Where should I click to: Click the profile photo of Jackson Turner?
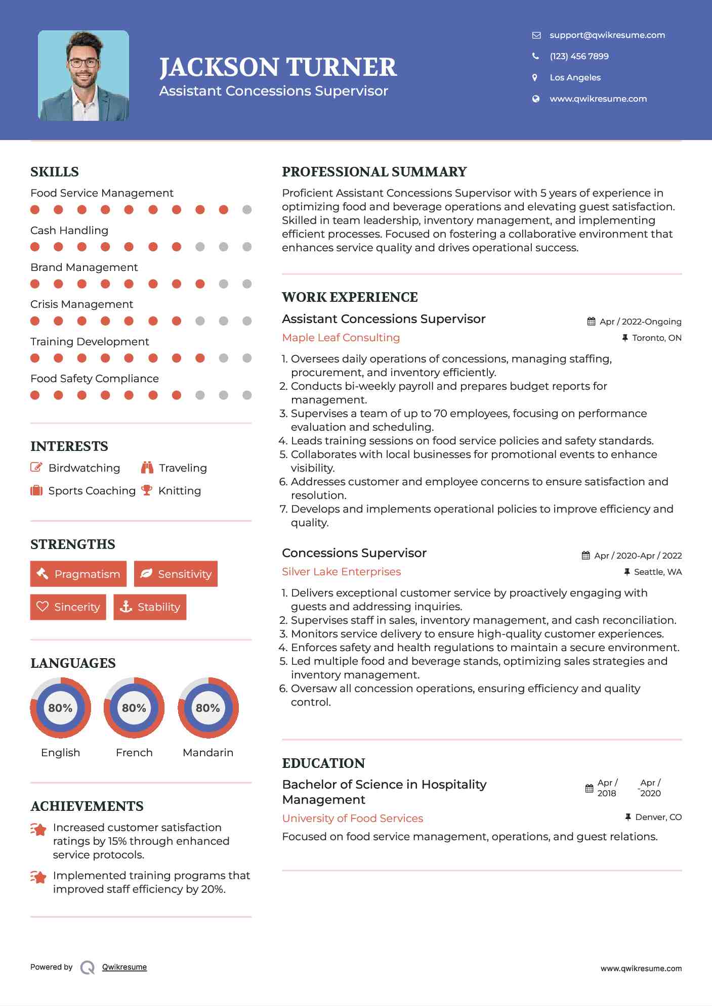pos(83,76)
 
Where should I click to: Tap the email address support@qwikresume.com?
pos(607,35)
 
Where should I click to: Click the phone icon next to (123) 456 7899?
pos(535,56)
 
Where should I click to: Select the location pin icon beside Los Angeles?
pos(535,77)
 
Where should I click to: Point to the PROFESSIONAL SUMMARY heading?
pos(374,172)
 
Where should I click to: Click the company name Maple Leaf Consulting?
pos(341,338)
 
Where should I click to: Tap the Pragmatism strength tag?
pos(78,574)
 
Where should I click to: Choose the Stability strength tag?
pos(150,607)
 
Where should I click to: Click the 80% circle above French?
pos(134,708)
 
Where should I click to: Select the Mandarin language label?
pos(207,752)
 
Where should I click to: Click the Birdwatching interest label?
pos(84,468)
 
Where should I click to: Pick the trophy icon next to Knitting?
pos(147,490)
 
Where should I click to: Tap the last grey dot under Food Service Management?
pos(247,210)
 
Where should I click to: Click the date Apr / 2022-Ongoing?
pos(640,322)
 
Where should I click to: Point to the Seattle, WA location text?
pos(657,572)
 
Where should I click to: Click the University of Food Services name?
pos(352,818)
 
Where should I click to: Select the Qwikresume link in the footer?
pos(124,967)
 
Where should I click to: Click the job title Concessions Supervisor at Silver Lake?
pos(354,553)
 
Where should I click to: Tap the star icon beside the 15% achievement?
pos(38,829)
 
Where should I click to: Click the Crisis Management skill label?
pos(81,304)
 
